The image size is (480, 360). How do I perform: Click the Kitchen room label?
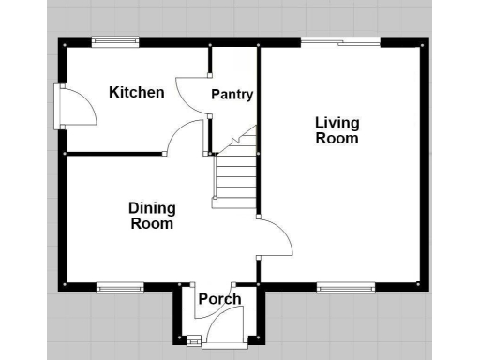click(137, 92)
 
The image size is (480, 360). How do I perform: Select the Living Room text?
click(337, 130)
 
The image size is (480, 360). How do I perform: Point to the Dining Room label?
click(152, 216)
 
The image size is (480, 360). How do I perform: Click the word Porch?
click(219, 299)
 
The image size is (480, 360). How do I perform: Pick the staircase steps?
click(235, 178)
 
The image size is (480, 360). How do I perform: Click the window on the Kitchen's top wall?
click(115, 41)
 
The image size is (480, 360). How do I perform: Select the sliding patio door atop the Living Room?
click(340, 42)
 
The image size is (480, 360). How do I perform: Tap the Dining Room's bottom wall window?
click(119, 286)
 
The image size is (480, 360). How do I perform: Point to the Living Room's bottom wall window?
click(346, 286)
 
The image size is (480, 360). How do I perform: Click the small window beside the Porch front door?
click(195, 341)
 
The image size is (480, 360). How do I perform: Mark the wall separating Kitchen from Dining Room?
click(112, 153)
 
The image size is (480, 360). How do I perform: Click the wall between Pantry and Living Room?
click(259, 94)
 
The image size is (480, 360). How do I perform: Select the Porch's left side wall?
click(177, 314)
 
